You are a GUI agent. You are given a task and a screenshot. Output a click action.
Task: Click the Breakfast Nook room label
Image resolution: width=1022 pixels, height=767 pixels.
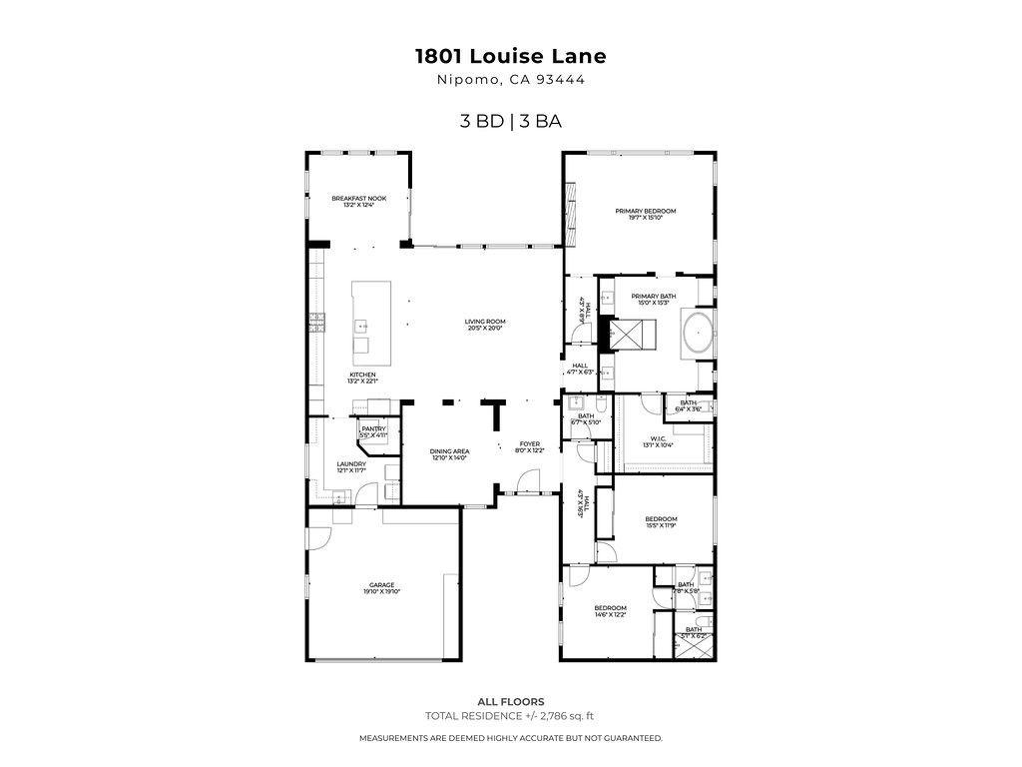click(x=358, y=199)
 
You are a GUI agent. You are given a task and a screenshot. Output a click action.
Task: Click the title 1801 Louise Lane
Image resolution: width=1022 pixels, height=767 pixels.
click(x=511, y=57)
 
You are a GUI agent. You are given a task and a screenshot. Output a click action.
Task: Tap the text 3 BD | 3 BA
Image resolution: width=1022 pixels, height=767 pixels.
click(x=511, y=122)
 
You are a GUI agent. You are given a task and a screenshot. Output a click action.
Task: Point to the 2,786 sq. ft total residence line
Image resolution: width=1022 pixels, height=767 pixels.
click(x=510, y=715)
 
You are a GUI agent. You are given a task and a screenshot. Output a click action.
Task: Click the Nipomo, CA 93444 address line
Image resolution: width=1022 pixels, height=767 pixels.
click(x=511, y=82)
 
